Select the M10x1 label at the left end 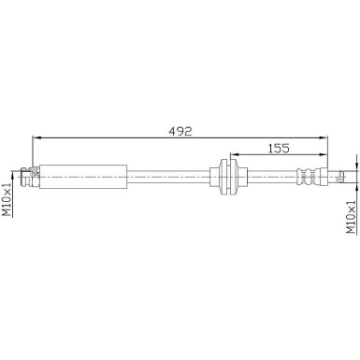(x=7, y=199)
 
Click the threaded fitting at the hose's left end (x=31, y=175)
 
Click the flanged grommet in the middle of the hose (x=229, y=175)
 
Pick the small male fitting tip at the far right (x=344, y=175)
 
